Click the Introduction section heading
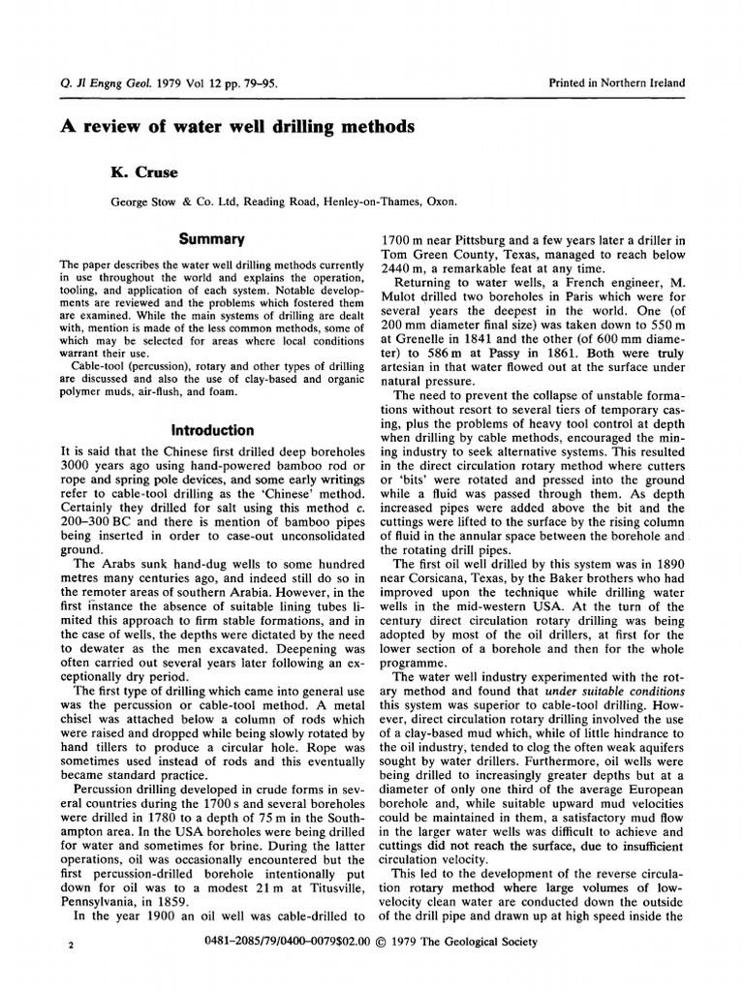click(x=212, y=430)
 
